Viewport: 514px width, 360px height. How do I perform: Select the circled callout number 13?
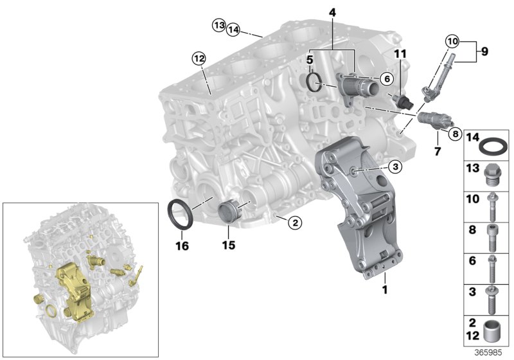coord(218,25)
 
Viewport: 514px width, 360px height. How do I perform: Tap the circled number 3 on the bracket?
coord(395,166)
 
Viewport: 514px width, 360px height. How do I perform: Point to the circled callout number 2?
coord(294,223)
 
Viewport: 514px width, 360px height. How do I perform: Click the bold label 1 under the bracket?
coord(385,291)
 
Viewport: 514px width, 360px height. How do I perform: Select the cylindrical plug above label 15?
coord(229,212)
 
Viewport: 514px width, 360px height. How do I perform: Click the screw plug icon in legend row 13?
coord(493,173)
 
